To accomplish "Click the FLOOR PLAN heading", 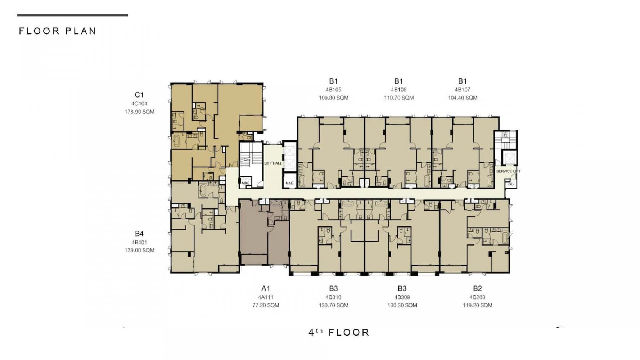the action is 58,31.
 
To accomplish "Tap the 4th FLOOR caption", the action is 339,332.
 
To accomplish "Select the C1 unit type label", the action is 139,95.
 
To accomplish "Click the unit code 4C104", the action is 139,104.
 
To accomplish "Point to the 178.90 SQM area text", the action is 139,112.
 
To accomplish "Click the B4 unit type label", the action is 139,234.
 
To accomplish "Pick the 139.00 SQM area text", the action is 139,251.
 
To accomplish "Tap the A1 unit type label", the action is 266,288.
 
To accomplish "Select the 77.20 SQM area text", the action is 266,305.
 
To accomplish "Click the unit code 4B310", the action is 333,297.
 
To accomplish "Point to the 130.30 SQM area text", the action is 402,305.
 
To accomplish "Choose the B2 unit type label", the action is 477,288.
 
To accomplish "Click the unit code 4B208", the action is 477,297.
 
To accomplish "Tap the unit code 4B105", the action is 333,90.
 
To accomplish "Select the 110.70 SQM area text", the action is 398,98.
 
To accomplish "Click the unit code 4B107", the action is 463,90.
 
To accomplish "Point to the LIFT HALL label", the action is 273,163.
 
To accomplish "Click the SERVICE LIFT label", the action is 508,171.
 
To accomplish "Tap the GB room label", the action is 511,184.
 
